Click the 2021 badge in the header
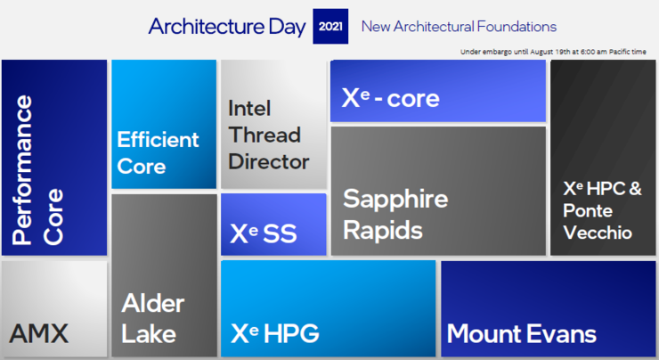[330, 26]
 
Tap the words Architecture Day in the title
[227, 27]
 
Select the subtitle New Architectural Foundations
[459, 27]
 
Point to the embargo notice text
[553, 52]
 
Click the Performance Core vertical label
[37, 170]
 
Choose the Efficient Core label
[158, 152]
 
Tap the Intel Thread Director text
[269, 135]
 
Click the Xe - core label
[390, 98]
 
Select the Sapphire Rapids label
[395, 214]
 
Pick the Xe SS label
[264, 233]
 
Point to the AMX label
[38, 333]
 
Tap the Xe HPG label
[275, 333]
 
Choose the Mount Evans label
[521, 334]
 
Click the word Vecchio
[598, 233]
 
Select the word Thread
[264, 135]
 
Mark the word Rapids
[383, 231]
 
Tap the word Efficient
[158, 139]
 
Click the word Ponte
[588, 210]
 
